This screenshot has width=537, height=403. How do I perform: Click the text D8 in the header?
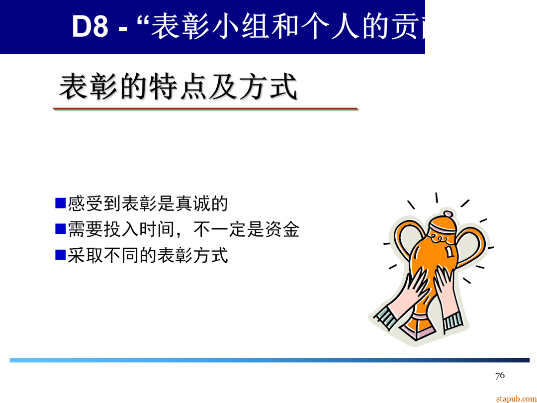pyautogui.click(x=90, y=27)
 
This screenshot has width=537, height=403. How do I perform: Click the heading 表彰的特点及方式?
pyautogui.click(x=178, y=88)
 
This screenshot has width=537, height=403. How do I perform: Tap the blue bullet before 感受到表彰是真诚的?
pyautogui.click(x=60, y=203)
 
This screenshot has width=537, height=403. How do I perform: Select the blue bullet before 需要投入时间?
pyautogui.click(x=60, y=229)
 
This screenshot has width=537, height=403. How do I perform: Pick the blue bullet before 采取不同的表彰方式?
pyautogui.click(x=60, y=255)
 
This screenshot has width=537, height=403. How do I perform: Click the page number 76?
pyautogui.click(x=500, y=375)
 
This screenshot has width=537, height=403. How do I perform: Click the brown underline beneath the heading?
pyautogui.click(x=205, y=108)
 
